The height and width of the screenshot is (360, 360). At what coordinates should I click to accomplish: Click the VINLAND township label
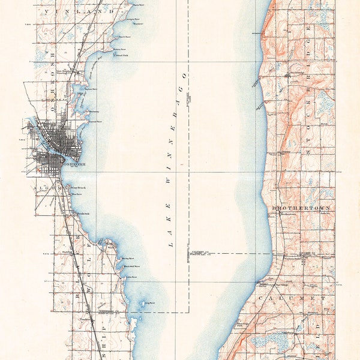[x=84, y=11]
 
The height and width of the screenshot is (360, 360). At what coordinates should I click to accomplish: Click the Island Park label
[x=121, y=54]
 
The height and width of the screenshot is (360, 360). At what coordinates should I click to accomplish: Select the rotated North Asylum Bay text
[x=89, y=75]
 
